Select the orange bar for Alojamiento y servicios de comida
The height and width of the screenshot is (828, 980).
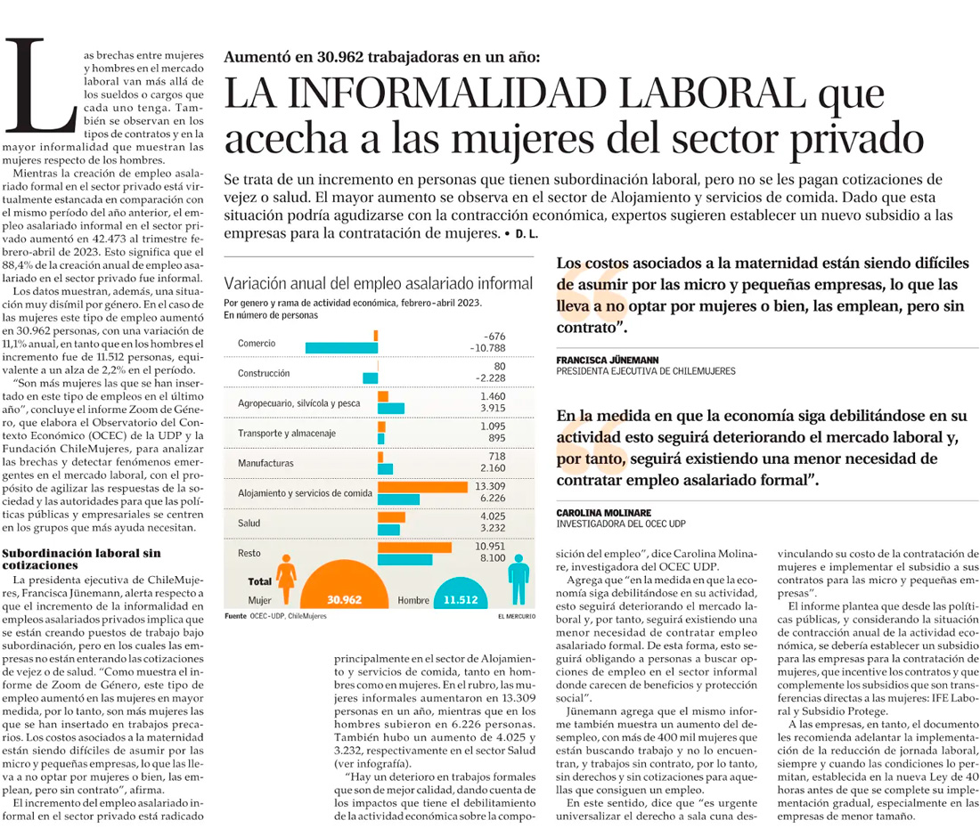coord(422,486)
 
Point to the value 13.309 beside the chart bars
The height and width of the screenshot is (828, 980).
coord(490,486)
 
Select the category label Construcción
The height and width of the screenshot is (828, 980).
coord(264,373)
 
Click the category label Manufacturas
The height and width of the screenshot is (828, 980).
coord(265,464)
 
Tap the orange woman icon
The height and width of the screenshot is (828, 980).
coord(287,579)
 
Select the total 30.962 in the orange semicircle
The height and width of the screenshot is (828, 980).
coord(344,600)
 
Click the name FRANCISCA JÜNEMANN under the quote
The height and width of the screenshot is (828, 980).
coord(607,361)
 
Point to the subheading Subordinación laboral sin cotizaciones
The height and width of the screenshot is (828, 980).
coord(82,558)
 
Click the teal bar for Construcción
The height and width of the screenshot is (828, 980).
coord(371,378)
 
